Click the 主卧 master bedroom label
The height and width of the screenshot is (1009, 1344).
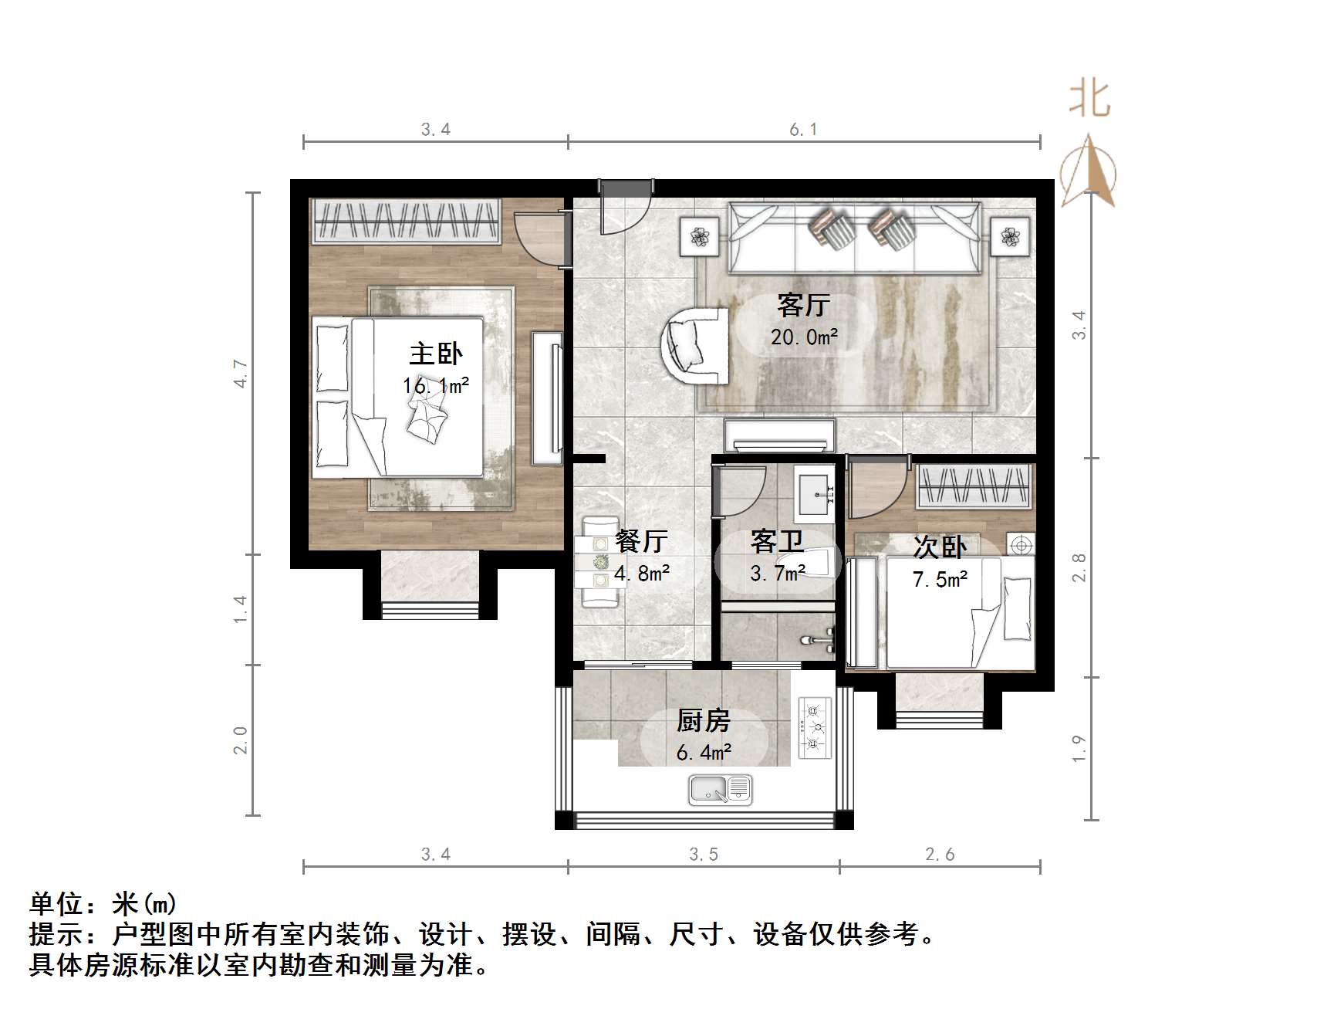(435, 354)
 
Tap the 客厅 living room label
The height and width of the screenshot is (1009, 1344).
(803, 306)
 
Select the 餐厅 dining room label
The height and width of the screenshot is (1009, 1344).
(641, 541)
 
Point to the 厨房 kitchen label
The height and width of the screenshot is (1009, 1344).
(703, 721)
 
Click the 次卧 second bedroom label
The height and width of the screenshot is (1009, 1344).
(939, 547)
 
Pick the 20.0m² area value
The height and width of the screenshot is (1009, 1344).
(804, 337)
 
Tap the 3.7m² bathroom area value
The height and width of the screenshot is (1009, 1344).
(778, 573)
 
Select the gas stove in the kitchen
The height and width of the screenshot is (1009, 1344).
(814, 726)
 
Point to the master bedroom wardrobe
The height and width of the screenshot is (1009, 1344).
(405, 221)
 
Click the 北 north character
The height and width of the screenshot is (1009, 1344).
(1089, 99)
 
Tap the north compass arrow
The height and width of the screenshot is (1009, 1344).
(1088, 171)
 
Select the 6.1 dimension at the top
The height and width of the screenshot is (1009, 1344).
(803, 130)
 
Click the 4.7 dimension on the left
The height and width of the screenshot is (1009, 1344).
(241, 374)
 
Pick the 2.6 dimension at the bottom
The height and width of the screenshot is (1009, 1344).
(939, 854)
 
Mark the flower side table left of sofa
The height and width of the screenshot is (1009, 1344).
(699, 236)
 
